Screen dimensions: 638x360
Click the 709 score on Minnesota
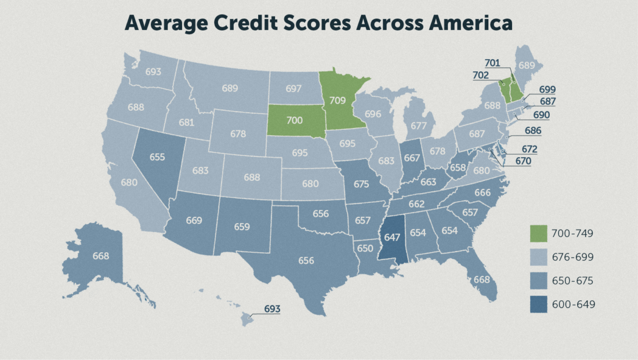(338, 100)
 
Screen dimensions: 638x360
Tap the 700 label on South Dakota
(295, 121)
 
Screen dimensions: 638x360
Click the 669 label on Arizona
(194, 220)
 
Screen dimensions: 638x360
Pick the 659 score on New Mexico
(241, 227)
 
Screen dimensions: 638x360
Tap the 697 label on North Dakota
(293, 89)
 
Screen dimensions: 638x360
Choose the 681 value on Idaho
(186, 122)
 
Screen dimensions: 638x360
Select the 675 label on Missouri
(361, 184)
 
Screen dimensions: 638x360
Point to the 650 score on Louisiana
(365, 248)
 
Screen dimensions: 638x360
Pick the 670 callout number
(523, 161)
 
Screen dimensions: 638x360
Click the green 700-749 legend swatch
(539, 233)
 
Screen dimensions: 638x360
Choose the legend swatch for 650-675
(539, 281)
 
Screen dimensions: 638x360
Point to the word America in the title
(462, 24)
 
